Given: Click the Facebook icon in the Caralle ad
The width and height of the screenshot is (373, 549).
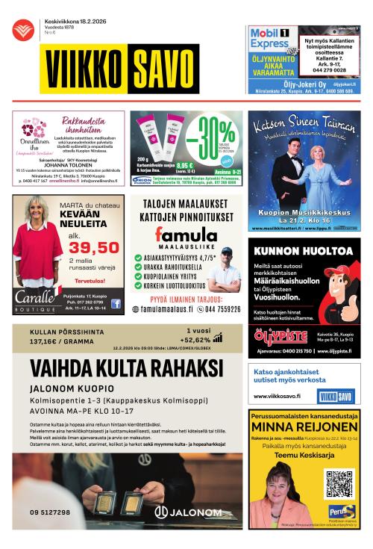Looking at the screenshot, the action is coord(116,303).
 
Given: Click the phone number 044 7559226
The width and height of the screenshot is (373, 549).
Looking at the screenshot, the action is coord(213,308).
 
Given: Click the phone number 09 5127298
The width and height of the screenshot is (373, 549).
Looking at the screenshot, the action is coord(50,512).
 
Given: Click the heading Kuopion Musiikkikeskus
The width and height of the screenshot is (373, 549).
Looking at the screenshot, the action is coord(301,213).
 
